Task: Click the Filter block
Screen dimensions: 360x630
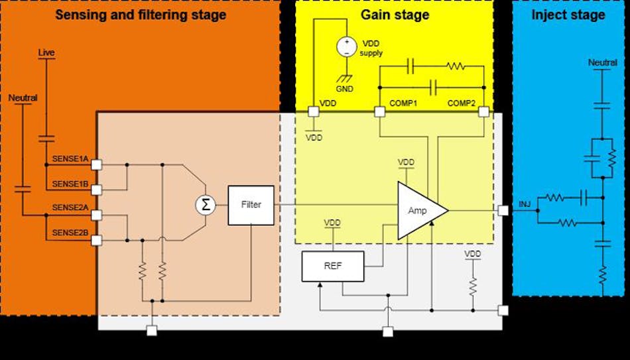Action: pyautogui.click(x=251, y=205)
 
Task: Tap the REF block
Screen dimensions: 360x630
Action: pyautogui.click(x=332, y=266)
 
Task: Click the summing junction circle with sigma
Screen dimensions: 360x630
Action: pyautogui.click(x=206, y=205)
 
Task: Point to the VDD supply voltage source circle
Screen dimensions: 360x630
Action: pyautogui.click(x=346, y=46)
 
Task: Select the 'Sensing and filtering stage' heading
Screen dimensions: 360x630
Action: pyautogui.click(x=140, y=15)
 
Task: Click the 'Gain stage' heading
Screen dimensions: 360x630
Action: pyautogui.click(x=395, y=15)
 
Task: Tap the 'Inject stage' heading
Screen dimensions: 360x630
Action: pyautogui.click(x=568, y=15)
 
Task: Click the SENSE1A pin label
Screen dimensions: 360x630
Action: pyautogui.click(x=70, y=158)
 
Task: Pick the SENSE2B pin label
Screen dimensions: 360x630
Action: pyautogui.click(x=70, y=232)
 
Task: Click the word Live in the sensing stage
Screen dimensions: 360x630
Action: pyautogui.click(x=46, y=52)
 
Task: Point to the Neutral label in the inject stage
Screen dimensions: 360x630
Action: pyautogui.click(x=602, y=63)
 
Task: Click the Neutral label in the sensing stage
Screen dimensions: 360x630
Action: pyautogui.click(x=23, y=97)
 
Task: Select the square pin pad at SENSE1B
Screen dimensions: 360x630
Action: pyautogui.click(x=97, y=190)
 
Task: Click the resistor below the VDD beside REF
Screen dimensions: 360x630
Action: pyautogui.click(x=473, y=285)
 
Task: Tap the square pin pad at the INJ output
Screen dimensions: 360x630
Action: pyautogui.click(x=503, y=211)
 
